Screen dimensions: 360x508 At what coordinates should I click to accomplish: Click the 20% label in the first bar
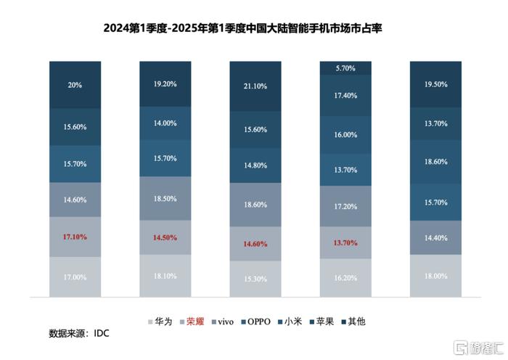[x=75, y=85]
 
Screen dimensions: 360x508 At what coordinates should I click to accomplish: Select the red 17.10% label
[x=75, y=237]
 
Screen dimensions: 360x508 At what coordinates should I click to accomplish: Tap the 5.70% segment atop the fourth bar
[x=345, y=68]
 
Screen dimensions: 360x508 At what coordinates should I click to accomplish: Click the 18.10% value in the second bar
[x=165, y=277]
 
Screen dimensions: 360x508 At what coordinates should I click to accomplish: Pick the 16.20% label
[x=345, y=277]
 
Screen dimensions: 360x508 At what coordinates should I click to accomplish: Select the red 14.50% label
[x=165, y=238]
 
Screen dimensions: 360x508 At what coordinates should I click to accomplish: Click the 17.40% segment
[x=345, y=96]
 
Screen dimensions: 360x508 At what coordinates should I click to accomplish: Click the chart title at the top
[x=254, y=28]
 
